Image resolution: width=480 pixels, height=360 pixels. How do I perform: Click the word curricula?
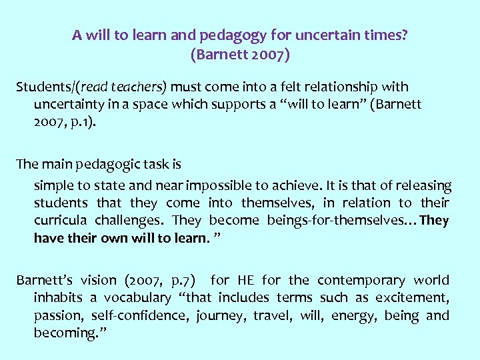[x=61, y=221]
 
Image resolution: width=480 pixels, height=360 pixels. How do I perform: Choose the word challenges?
[x=129, y=221]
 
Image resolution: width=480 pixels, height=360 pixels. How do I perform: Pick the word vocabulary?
[x=139, y=298]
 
